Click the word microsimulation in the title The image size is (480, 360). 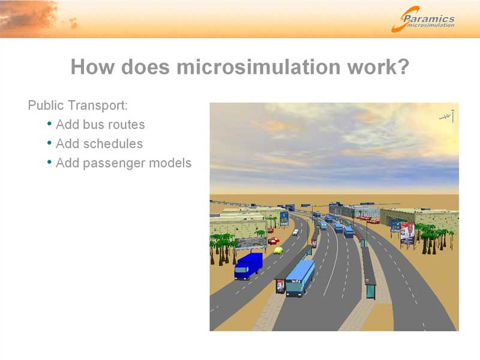pyautogui.click(x=259, y=67)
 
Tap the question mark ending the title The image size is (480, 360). pyautogui.click(x=403, y=67)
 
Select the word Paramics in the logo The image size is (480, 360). pyautogui.click(x=429, y=19)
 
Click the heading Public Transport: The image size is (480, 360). pyautogui.click(x=78, y=106)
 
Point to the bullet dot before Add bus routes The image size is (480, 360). pyautogui.click(x=49, y=124)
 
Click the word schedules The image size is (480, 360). pyautogui.click(x=113, y=143)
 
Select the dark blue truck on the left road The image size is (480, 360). pyautogui.click(x=248, y=266)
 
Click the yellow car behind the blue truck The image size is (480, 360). pyautogui.click(x=278, y=250)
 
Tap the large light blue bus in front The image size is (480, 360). pyautogui.click(x=300, y=278)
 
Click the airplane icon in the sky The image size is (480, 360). pyautogui.click(x=446, y=116)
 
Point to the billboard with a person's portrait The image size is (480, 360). pyautogui.click(x=407, y=233)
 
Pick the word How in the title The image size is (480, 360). pyautogui.click(x=92, y=67)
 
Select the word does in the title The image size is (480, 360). pyautogui.click(x=145, y=67)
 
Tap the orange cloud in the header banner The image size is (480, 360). pyautogui.click(x=28, y=16)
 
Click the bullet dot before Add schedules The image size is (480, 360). pyautogui.click(x=49, y=143)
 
